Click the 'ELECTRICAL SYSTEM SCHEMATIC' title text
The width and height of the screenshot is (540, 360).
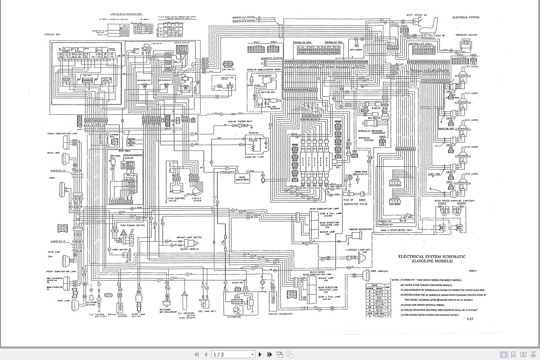[x=432, y=256]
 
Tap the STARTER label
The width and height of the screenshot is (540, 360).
[x=253, y=133]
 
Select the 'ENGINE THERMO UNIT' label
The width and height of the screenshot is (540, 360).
[x=240, y=121]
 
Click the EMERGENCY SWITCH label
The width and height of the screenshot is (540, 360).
[x=466, y=35]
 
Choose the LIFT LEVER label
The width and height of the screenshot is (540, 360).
[x=471, y=66]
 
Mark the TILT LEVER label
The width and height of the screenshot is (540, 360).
[x=471, y=93]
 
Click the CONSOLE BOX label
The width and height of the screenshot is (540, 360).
[x=52, y=35]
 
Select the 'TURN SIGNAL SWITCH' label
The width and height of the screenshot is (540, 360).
[x=133, y=225]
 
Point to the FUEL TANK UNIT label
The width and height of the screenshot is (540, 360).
[x=207, y=311]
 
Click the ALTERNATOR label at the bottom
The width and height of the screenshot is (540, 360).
[x=234, y=317]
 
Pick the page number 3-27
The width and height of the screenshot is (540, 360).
[x=470, y=319]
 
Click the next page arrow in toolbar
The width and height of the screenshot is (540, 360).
[x=260, y=354]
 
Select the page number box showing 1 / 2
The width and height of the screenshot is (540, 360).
[x=233, y=354]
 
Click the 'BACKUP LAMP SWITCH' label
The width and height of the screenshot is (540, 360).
[x=189, y=237]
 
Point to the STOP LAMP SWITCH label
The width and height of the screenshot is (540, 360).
[x=138, y=315]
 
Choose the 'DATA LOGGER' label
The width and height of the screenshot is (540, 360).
[x=356, y=50]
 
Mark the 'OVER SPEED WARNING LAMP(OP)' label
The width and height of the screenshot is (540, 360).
[x=454, y=201]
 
